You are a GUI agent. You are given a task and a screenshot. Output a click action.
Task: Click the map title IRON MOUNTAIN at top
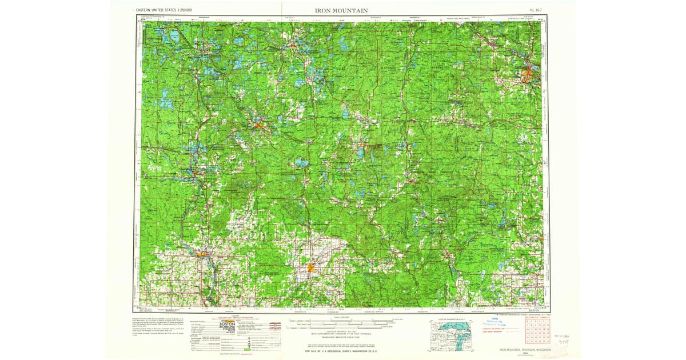tap(341, 10)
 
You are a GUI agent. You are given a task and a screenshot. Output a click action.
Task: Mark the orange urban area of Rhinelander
tap(259, 123)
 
